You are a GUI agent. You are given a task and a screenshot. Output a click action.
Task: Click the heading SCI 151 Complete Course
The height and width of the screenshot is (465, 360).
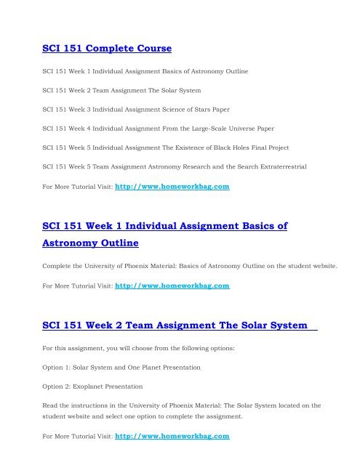(x=106, y=50)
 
